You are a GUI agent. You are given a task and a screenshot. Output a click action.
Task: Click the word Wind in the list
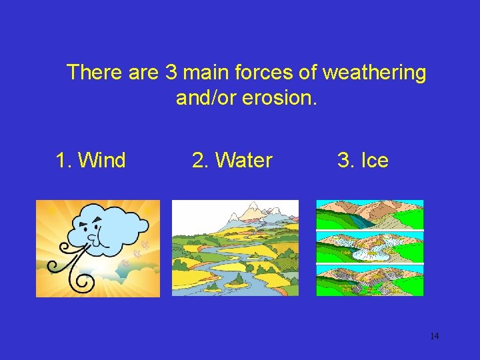click(101, 161)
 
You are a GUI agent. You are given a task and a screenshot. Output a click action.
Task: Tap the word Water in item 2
click(244, 161)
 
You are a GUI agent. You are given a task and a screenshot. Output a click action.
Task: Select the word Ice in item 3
click(374, 161)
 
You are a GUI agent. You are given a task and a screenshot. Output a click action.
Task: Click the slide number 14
click(434, 337)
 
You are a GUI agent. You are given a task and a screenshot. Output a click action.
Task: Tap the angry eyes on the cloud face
click(93, 222)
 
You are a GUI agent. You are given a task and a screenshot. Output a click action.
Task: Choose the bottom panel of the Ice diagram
click(369, 281)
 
